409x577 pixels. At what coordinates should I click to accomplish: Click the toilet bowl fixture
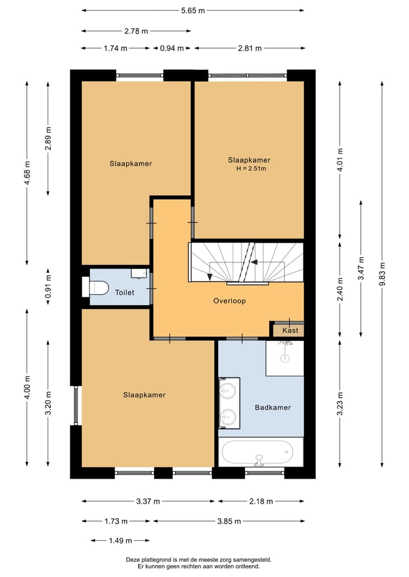98,288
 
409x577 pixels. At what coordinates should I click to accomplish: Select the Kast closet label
290,330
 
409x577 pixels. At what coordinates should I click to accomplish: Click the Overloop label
229,301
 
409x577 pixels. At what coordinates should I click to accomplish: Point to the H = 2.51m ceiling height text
251,169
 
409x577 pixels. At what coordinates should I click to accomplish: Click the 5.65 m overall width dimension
192,10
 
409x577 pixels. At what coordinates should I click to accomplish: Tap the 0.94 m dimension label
172,48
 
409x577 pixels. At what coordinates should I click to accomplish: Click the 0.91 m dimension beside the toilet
48,287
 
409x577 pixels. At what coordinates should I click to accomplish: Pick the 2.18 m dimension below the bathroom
261,501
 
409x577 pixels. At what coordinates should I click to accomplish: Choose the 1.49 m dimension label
120,540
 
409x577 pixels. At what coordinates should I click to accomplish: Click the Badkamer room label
273,407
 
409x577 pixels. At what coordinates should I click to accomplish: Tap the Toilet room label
124,293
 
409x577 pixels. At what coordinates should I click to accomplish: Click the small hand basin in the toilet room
138,273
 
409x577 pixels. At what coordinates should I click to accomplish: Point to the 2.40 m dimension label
340,288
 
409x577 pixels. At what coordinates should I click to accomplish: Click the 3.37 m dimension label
147,501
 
